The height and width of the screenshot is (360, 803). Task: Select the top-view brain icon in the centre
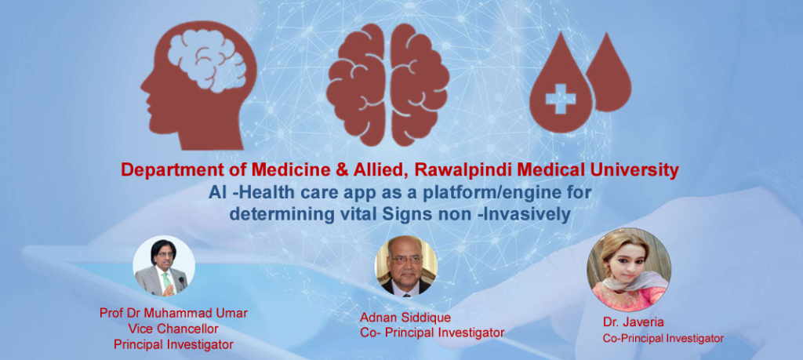(387, 85)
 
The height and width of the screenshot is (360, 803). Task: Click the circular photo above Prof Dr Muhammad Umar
(164, 266)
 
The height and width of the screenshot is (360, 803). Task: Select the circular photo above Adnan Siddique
(407, 267)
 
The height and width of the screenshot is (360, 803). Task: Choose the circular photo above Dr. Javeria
(629, 270)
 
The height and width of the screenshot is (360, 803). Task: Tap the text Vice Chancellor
(173, 329)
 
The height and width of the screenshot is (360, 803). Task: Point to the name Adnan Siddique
(405, 318)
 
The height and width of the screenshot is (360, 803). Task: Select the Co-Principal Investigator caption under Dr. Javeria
(663, 339)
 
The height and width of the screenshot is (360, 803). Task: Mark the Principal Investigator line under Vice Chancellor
(173, 344)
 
